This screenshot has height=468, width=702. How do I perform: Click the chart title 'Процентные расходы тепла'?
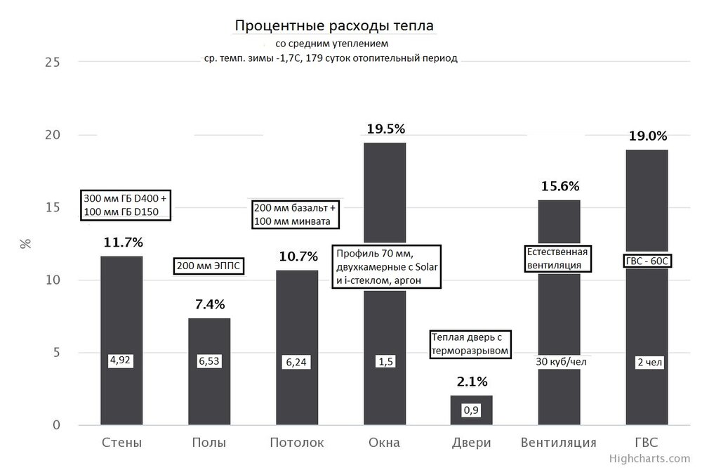click(x=334, y=26)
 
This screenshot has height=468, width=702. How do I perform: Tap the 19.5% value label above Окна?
click(x=386, y=129)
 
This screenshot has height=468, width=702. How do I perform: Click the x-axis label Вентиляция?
click(x=559, y=443)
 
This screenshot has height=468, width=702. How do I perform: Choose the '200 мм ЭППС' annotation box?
click(x=208, y=266)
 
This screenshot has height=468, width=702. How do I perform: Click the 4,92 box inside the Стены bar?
click(x=121, y=360)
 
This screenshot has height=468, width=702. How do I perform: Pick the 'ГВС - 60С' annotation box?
click(x=647, y=261)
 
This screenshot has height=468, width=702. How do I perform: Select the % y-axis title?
click(x=26, y=244)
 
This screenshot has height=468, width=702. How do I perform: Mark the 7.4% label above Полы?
click(x=209, y=304)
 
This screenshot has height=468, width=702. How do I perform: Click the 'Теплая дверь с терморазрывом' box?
click(x=469, y=344)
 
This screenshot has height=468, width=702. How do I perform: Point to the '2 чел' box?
click(x=647, y=363)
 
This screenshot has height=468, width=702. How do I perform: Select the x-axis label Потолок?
click(x=296, y=443)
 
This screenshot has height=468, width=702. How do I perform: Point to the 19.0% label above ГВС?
click(x=647, y=136)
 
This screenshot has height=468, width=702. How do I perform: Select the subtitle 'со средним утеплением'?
click(x=327, y=44)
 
